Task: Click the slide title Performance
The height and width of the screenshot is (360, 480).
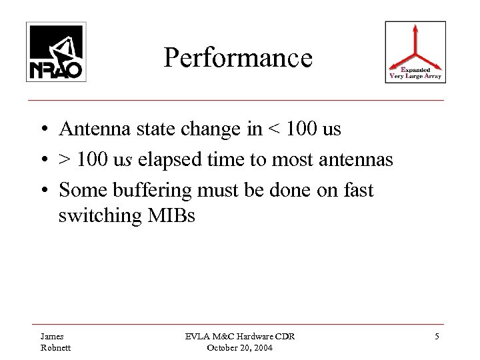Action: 238,58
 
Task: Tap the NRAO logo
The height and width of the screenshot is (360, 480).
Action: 55,51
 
